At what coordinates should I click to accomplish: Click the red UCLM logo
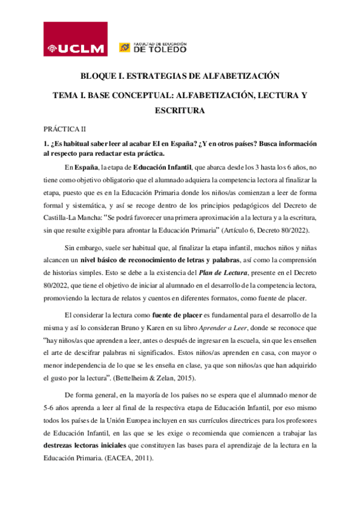75,40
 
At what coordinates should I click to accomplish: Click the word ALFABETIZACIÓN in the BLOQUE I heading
231,77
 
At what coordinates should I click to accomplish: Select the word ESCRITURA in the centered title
180,111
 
